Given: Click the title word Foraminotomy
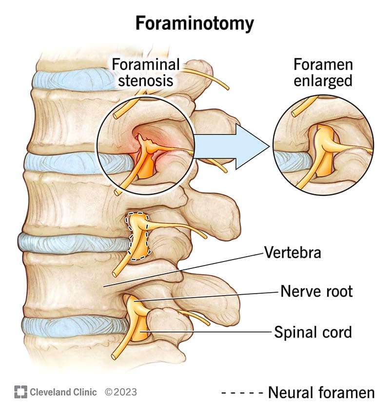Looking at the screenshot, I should (x=195, y=23).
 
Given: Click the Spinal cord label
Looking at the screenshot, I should (x=312, y=332).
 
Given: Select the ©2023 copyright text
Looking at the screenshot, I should (x=121, y=392).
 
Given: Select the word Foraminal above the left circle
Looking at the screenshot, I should (x=146, y=64).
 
